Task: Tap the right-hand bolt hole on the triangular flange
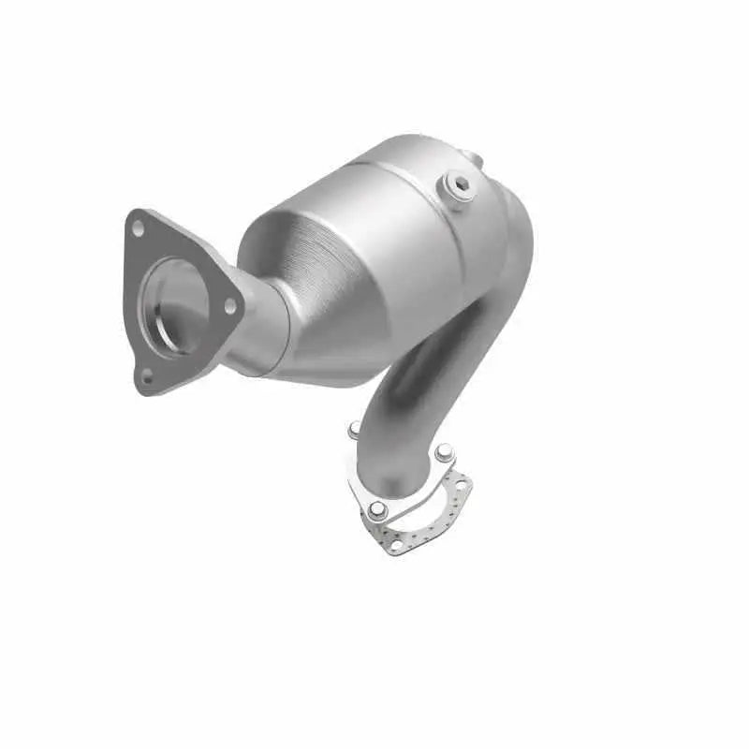click(228, 301)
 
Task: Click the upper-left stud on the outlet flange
click(354, 431)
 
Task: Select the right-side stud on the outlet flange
click(443, 450)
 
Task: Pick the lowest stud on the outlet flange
click(375, 509)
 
